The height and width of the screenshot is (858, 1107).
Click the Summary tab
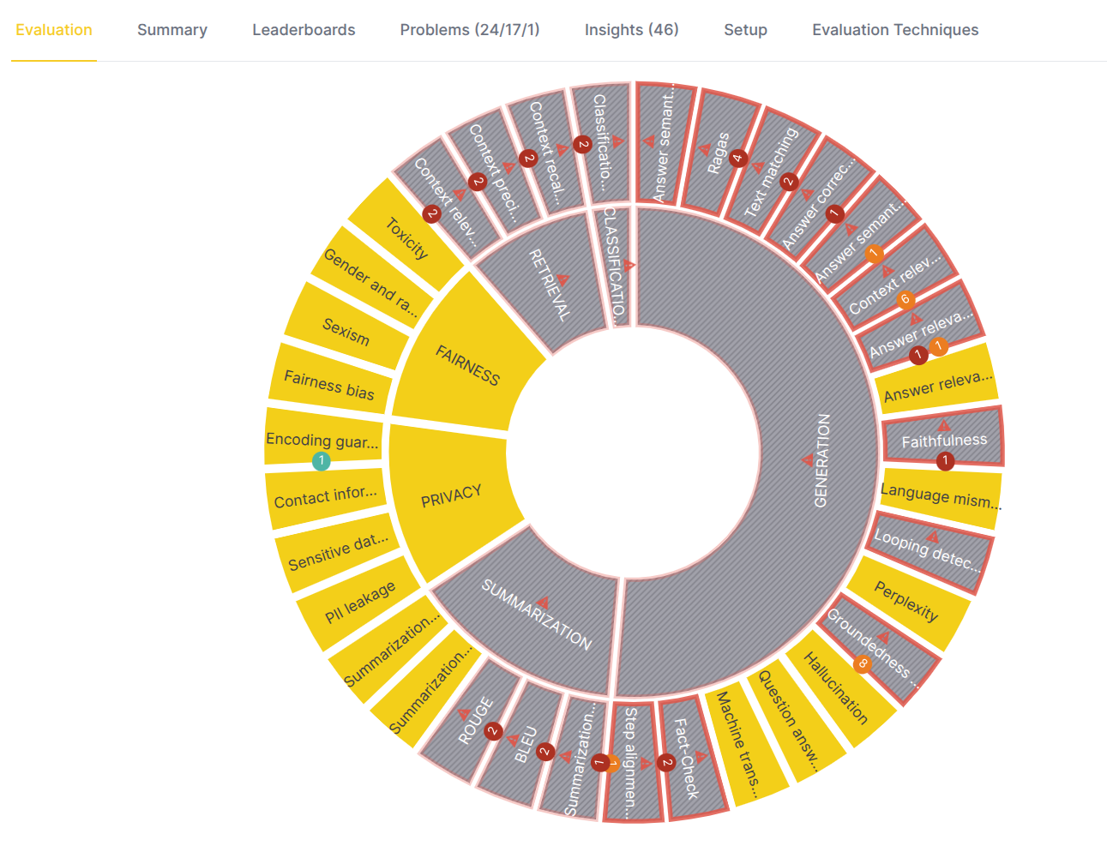(x=171, y=30)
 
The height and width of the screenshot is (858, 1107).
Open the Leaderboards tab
(x=304, y=30)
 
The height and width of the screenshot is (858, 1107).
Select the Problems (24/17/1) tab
(x=470, y=30)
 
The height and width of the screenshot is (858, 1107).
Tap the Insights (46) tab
(x=631, y=30)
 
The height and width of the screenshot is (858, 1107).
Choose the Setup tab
(x=745, y=30)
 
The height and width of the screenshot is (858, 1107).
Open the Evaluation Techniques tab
(x=895, y=30)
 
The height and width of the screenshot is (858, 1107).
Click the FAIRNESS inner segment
(x=466, y=364)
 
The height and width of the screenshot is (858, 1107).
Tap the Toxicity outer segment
(x=406, y=237)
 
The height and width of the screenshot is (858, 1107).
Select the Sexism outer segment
(x=346, y=330)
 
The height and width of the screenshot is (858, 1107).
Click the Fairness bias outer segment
(x=329, y=385)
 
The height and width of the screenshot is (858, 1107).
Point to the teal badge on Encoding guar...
(x=322, y=461)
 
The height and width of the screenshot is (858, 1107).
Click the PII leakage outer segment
(x=360, y=602)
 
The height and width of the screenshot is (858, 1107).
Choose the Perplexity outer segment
(x=906, y=601)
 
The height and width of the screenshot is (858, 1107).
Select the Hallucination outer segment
(x=836, y=687)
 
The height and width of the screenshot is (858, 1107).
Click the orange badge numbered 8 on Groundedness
(x=863, y=663)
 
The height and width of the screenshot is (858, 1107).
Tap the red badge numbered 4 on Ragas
(x=738, y=159)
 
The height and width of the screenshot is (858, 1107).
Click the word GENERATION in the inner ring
(x=821, y=460)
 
